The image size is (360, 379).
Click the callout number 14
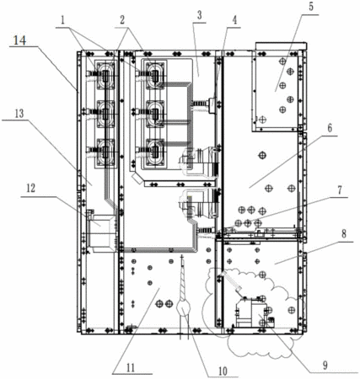(x=20, y=40)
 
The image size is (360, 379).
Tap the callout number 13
(x=19, y=114)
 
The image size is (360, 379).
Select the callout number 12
(x=31, y=188)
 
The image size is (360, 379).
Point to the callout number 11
(x=131, y=367)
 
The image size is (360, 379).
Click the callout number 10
(x=223, y=371)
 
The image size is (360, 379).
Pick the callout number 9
(x=325, y=366)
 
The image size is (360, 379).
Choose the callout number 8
(x=344, y=234)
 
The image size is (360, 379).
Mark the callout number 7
(x=340, y=190)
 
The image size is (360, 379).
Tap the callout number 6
(x=330, y=128)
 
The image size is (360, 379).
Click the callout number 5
(x=311, y=7)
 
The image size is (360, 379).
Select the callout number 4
(x=234, y=20)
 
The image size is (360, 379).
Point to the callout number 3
(x=199, y=15)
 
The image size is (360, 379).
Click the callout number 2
(x=122, y=20)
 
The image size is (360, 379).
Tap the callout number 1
(x=63, y=20)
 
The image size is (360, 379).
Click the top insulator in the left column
(x=105, y=75)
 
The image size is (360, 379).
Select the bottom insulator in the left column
(x=105, y=153)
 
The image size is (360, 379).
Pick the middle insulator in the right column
(x=155, y=115)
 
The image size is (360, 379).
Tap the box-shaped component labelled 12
(x=101, y=233)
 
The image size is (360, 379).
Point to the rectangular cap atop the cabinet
(x=281, y=46)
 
